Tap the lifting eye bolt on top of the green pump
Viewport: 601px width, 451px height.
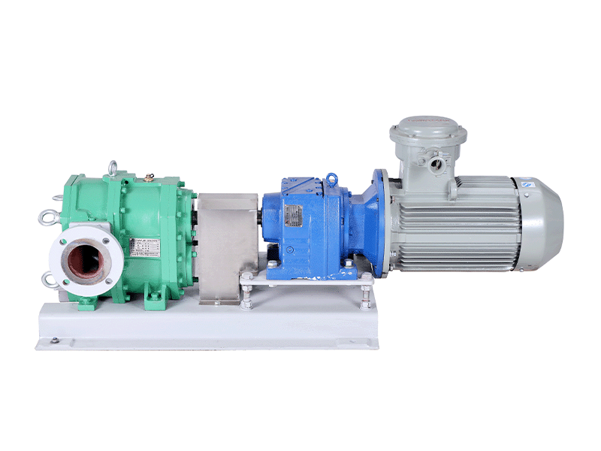tap(113, 168)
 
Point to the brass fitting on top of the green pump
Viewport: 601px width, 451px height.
tap(150, 178)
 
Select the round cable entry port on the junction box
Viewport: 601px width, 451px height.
tap(434, 159)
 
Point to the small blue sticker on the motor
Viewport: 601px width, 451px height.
tap(527, 181)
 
